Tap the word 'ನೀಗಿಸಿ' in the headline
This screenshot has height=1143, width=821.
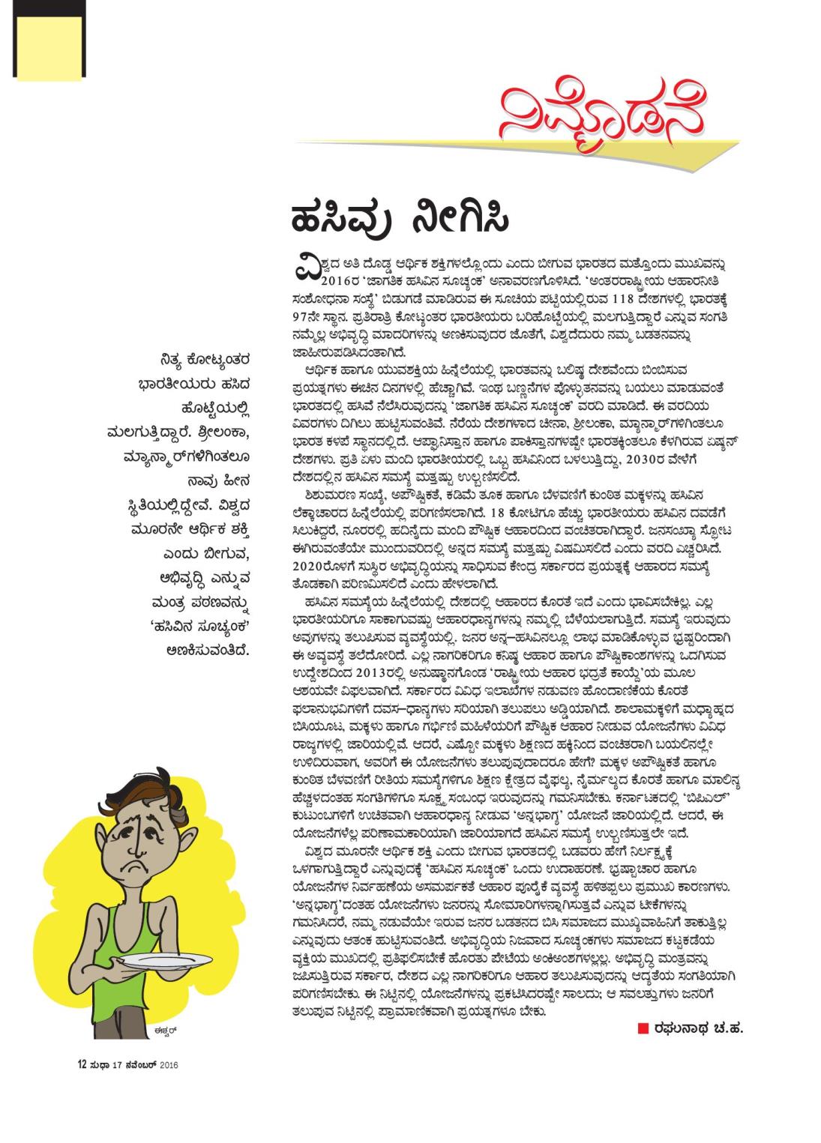pyautogui.click(x=460, y=219)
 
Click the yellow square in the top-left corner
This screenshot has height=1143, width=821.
pyautogui.click(x=49, y=45)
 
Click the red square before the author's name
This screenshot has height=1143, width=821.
pyautogui.click(x=643, y=1026)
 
